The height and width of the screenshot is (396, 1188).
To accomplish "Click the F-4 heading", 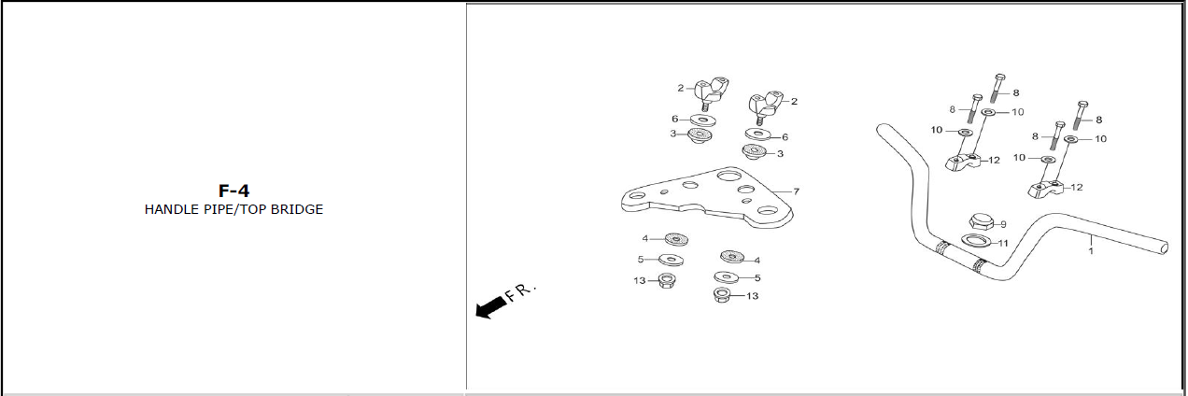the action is click(x=233, y=191).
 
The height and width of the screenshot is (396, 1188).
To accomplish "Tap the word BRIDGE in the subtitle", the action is click(x=297, y=209).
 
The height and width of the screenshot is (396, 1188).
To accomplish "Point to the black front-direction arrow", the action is click(x=491, y=307).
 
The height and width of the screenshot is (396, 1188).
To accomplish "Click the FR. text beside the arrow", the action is click(x=521, y=292).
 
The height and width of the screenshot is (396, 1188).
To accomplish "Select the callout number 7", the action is click(x=796, y=191).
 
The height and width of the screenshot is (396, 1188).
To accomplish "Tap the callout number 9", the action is click(x=1003, y=225).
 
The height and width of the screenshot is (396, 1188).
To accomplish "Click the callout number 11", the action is click(x=1003, y=244).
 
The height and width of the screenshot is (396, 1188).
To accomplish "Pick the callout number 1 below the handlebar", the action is click(x=1091, y=250).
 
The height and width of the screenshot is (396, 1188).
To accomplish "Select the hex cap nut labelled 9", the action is click(x=981, y=221).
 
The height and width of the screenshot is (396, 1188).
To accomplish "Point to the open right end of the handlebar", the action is click(x=1164, y=247).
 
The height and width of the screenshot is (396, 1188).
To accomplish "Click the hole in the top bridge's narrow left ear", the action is click(x=637, y=196).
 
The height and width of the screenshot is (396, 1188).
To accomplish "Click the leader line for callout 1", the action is click(x=1091, y=240).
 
